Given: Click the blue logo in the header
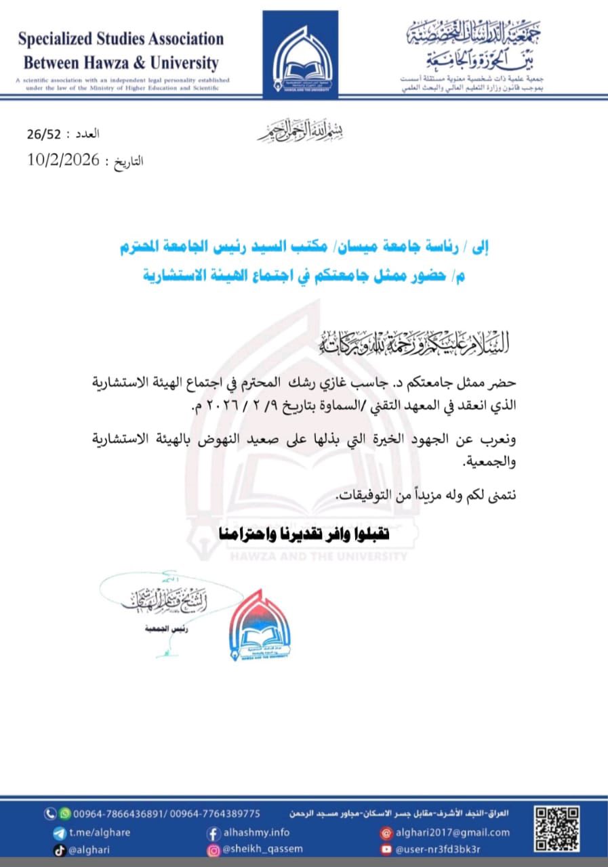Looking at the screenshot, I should pyautogui.click(x=300, y=54).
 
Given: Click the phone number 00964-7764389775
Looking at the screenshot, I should pyautogui.click(x=215, y=813).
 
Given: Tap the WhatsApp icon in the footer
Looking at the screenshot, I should pyautogui.click(x=66, y=813).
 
